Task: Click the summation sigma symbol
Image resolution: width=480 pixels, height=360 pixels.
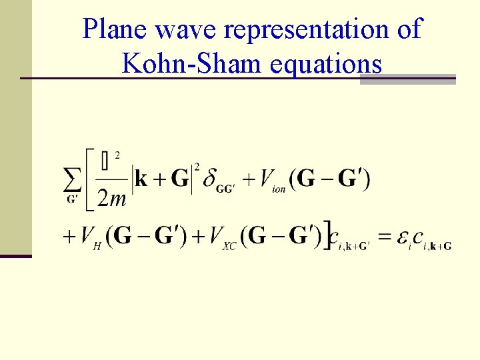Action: coord(72,179)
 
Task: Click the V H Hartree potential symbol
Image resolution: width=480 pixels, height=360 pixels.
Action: coord(90,237)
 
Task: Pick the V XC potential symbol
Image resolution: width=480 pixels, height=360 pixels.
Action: coord(221,237)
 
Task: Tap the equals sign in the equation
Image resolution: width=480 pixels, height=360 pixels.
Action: coord(385,237)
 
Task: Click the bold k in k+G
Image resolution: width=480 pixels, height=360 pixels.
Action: coord(141,179)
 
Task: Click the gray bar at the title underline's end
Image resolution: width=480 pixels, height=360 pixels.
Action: coord(407,79)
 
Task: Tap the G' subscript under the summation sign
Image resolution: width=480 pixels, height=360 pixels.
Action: coord(71,198)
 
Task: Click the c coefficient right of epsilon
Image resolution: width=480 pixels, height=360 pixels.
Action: coord(418,237)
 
